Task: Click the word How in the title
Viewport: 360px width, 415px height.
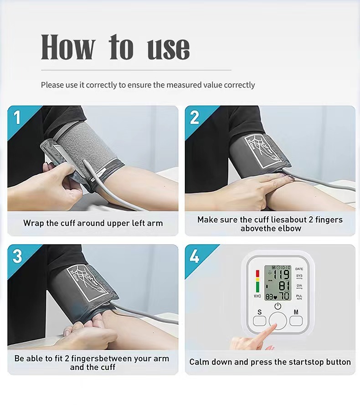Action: pos(68,47)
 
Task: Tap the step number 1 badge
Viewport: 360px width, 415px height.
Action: pos(17,117)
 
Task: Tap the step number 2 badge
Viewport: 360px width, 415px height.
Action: pos(195,117)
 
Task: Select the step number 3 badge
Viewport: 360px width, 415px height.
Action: pos(17,256)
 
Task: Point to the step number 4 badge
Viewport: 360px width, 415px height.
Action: pos(195,256)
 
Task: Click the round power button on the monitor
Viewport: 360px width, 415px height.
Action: pos(278,320)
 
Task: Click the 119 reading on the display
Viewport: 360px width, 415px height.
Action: pos(281,274)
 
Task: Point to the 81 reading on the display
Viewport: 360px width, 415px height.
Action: pos(283,286)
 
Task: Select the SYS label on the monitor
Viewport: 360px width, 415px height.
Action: pos(299,276)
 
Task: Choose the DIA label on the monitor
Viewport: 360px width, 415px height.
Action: pos(299,286)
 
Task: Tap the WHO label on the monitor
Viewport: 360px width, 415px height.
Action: pos(257,296)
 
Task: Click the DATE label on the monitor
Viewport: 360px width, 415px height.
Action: pos(299,269)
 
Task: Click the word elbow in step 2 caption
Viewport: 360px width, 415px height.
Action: pos(289,228)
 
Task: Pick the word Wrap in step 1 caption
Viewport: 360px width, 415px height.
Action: pos(34,223)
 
